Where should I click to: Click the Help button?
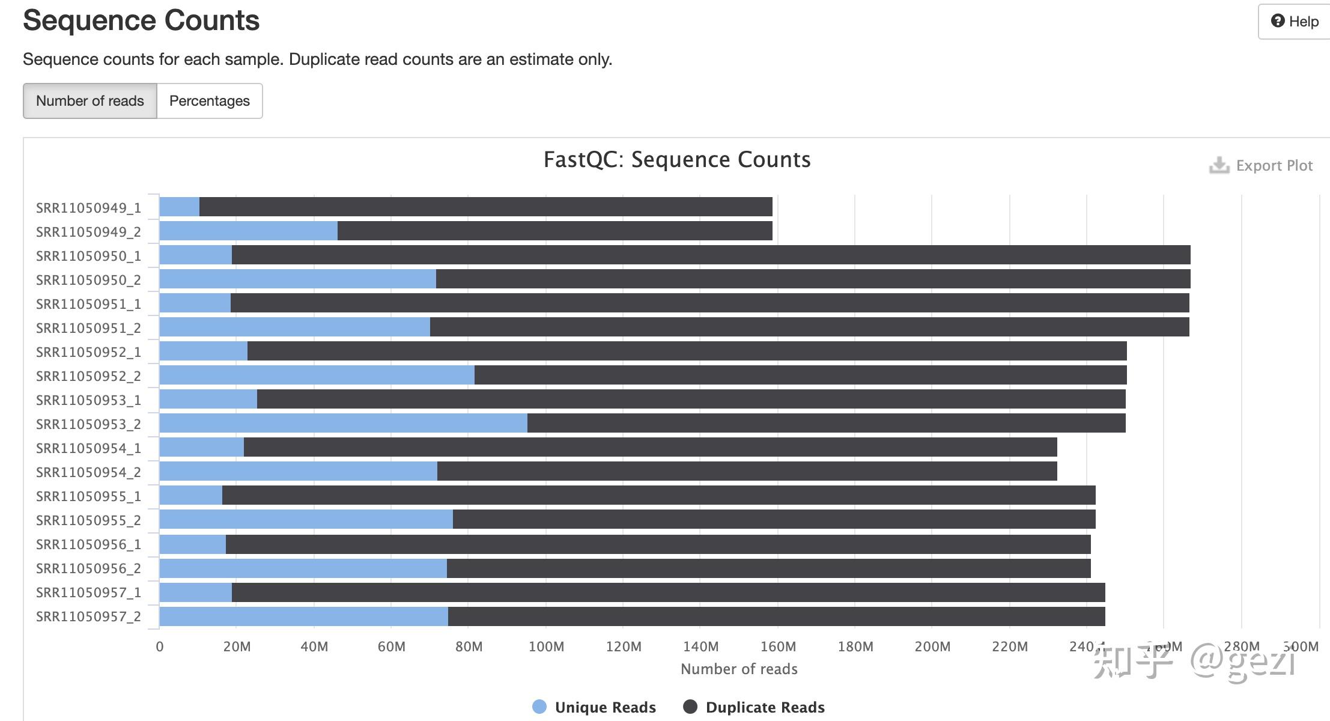1295,22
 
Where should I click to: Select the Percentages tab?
209,101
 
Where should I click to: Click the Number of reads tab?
90,101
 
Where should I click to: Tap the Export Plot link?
1262,165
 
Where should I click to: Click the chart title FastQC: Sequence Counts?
677,160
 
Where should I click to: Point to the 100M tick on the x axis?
546,646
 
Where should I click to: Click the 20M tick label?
237,646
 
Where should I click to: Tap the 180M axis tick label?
855,646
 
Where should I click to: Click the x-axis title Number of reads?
739,669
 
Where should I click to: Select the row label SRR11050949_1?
88,208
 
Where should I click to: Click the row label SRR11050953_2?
88,424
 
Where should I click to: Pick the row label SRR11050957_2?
88,616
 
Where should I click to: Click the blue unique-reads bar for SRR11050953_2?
343,423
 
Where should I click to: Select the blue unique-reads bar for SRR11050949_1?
179,207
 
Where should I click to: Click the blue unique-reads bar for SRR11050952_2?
317,375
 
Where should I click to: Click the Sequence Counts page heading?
141,20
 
